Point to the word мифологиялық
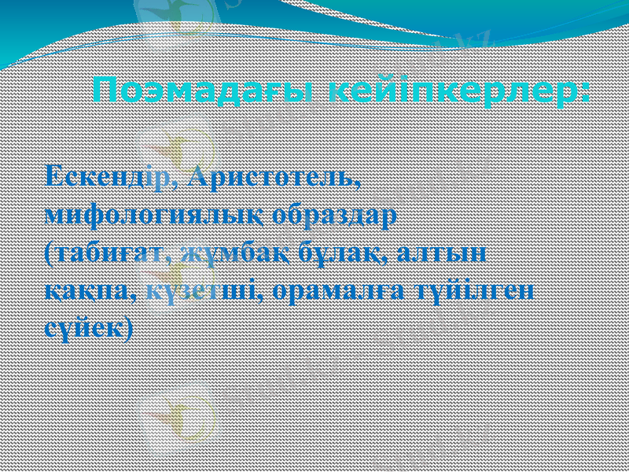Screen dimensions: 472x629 (155, 214)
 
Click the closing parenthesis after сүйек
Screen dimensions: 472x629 (127, 328)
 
